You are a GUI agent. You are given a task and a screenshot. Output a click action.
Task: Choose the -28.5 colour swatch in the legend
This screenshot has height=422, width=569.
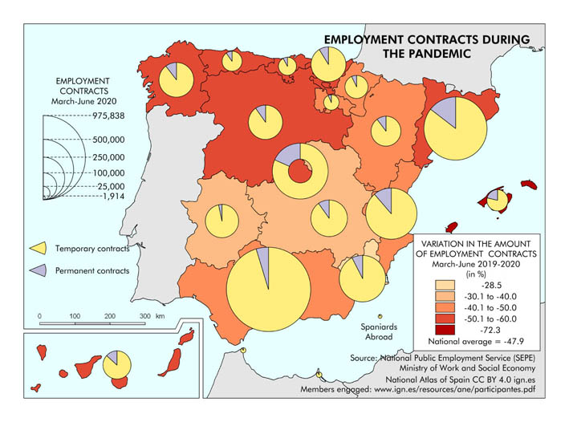click(445, 286)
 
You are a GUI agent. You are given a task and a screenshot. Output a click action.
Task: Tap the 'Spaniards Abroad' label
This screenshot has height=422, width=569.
click(373, 332)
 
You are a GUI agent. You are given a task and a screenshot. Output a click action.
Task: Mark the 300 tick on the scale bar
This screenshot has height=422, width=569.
click(145, 317)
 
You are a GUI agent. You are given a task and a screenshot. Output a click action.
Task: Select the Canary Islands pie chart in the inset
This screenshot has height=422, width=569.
click(119, 365)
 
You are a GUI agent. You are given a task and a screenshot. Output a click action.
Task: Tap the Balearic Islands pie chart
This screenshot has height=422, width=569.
click(497, 200)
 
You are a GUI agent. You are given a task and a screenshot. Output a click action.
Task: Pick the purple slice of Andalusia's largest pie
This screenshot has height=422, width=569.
click(262, 258)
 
